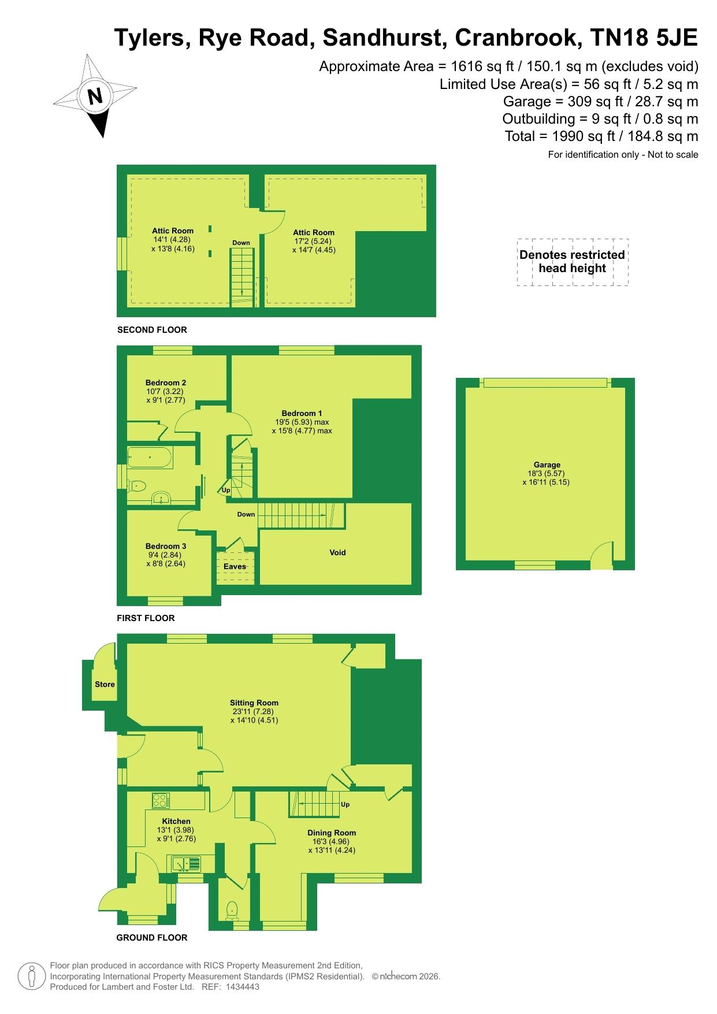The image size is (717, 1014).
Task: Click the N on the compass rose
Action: [x=95, y=96]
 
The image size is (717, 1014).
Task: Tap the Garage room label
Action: [x=547, y=465]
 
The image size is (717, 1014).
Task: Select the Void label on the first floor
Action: [x=337, y=552]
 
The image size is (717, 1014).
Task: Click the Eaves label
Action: [x=235, y=566]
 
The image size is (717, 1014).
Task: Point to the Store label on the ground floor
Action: [x=105, y=684]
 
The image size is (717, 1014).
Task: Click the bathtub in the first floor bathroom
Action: [x=149, y=457]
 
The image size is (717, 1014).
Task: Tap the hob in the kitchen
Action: [x=161, y=800]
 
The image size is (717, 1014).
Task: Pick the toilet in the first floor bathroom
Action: [x=136, y=485]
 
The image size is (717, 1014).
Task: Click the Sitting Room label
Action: [x=254, y=703]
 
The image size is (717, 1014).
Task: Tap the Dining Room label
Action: [x=332, y=833]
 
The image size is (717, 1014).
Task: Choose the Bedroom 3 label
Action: [x=166, y=546]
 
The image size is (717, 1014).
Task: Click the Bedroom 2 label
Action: [x=166, y=382]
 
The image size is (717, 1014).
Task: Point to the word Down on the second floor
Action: [x=241, y=243]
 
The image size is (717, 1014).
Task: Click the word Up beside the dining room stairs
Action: [x=345, y=804]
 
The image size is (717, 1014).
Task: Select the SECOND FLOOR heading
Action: [x=152, y=330]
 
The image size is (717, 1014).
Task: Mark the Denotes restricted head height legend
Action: [x=572, y=262]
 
